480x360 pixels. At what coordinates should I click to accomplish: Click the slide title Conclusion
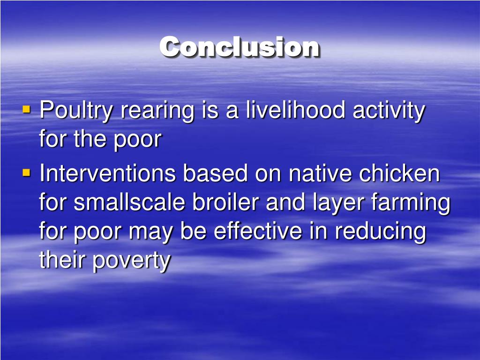point(240,47)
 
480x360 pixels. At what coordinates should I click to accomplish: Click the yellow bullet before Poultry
point(26,110)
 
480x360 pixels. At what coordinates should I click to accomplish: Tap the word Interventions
point(107,174)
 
